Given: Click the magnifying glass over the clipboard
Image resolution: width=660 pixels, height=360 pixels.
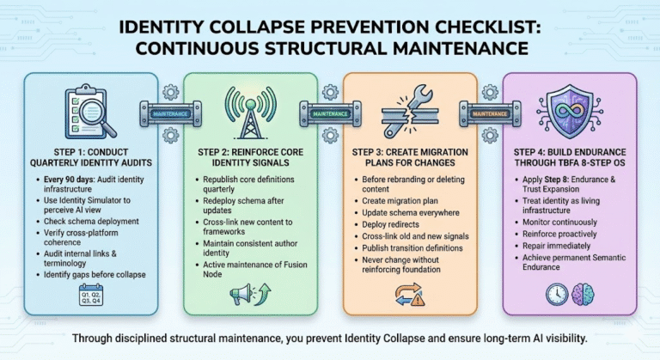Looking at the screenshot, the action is [95, 112].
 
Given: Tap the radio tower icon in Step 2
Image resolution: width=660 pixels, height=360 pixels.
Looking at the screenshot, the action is [250, 113].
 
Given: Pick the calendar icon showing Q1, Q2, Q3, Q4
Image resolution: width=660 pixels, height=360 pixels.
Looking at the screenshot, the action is [91, 295].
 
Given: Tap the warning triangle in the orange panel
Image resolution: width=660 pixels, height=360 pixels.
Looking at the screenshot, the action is [418, 299].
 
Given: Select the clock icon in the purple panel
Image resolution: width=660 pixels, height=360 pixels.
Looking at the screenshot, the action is [557, 294].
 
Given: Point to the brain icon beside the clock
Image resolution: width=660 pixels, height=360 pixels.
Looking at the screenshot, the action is [583, 294].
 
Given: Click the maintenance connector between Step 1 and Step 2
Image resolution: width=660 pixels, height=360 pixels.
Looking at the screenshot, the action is [170, 113].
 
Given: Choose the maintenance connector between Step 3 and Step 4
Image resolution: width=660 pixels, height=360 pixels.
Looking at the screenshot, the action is [490, 113].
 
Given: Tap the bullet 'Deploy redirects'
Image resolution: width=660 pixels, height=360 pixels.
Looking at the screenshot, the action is [391, 224].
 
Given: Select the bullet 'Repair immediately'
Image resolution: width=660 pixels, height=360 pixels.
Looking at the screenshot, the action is [557, 246].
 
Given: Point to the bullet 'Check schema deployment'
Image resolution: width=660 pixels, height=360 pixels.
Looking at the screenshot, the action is [91, 221].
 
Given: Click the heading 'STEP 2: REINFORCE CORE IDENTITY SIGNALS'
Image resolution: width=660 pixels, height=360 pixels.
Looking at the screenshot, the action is [250, 157].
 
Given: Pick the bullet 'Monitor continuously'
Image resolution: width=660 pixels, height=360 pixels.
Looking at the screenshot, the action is [559, 222].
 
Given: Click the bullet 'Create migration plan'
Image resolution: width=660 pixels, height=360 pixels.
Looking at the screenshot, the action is [400, 201].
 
